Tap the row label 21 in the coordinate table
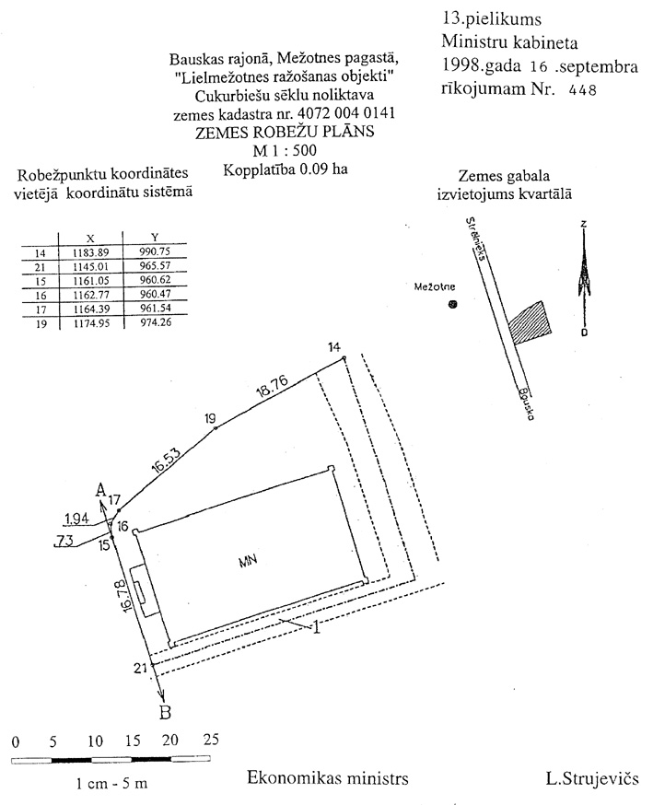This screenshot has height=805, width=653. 39,267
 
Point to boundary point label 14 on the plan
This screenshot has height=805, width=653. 334,346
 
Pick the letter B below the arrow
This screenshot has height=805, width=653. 166,712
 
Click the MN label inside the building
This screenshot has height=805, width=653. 246,560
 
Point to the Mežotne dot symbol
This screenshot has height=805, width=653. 452,305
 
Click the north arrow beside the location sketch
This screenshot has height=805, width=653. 583,276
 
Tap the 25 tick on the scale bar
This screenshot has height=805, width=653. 211,741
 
